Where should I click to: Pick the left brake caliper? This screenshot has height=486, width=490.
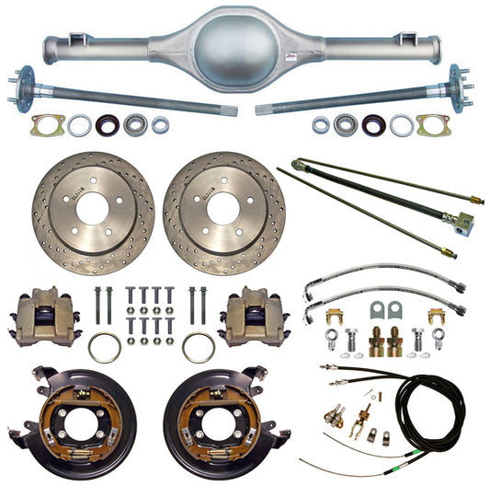(41, 314)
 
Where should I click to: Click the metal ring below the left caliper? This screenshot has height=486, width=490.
(104, 348)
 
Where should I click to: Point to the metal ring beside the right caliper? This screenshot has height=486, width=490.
(199, 347)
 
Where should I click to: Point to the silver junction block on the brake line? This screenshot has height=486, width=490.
(464, 220)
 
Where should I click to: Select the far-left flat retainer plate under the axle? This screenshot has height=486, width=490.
(46, 124)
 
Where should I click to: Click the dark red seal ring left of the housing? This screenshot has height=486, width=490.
(108, 124)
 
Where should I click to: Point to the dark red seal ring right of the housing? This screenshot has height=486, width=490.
(372, 124)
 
